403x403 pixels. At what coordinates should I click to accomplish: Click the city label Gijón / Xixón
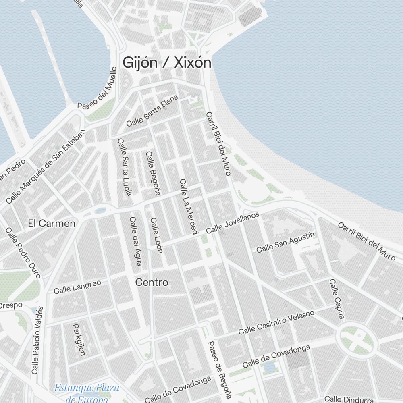167,63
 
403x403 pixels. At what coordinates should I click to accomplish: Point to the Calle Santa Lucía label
125,167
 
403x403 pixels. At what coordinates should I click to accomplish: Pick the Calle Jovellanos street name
232,223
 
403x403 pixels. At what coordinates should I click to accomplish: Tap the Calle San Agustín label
285,242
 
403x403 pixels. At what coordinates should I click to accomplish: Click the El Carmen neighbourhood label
52,223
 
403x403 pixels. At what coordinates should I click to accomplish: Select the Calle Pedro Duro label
23,253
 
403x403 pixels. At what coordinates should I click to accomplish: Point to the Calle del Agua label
136,241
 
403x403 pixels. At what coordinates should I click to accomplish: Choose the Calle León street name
156,235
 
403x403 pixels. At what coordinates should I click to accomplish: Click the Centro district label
152,283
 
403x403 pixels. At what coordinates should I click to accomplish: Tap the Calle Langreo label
77,287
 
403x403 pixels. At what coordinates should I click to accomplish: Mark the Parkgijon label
79,339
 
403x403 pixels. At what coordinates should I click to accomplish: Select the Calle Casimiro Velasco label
276,322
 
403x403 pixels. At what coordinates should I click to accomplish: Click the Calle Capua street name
337,299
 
